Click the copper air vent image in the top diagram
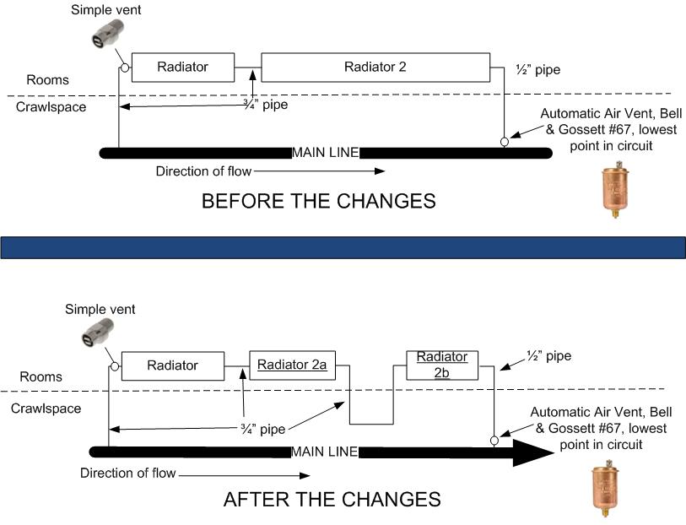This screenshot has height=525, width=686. (615, 189)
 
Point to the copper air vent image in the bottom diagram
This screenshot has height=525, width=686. (605, 488)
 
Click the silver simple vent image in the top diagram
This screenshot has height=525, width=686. (107, 33)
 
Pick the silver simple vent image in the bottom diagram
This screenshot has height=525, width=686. (97, 333)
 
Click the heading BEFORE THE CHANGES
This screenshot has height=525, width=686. (318, 201)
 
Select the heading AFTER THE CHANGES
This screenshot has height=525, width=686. (332, 499)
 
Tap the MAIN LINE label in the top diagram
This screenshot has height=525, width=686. (325, 153)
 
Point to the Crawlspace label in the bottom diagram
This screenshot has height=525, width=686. (46, 409)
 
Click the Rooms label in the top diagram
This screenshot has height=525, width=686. (48, 80)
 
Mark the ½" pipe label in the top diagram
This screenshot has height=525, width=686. (538, 69)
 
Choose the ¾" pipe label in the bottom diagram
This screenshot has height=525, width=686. (263, 429)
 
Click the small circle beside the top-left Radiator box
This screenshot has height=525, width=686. (125, 68)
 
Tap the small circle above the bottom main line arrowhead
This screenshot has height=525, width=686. (494, 440)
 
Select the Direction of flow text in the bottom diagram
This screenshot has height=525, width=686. (127, 473)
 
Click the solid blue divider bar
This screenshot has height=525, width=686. (343, 247)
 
